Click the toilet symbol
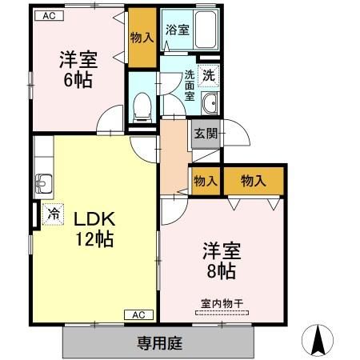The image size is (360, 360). (x=142, y=104)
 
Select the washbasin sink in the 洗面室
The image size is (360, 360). (x=210, y=104)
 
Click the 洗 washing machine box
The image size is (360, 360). (x=207, y=76)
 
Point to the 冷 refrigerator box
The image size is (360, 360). (x=52, y=214)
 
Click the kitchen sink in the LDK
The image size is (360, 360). (x=42, y=183)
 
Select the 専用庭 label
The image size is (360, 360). (x=159, y=344)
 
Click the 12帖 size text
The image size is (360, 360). (x=95, y=238)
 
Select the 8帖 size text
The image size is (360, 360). (x=218, y=270)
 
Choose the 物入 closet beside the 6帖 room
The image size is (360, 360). (x=142, y=38)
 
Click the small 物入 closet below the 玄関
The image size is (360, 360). (x=205, y=181)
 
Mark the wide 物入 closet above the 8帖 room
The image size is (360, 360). (x=253, y=181)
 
